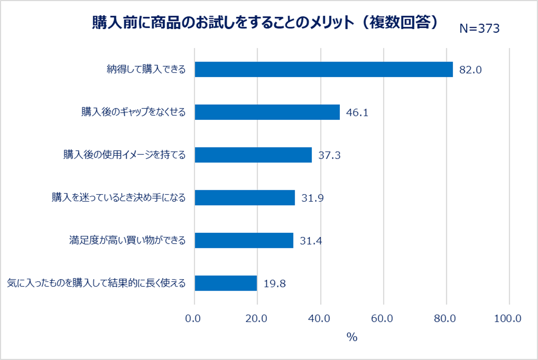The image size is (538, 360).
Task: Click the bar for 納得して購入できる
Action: pos(323,69)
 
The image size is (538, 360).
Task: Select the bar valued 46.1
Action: pos(267,112)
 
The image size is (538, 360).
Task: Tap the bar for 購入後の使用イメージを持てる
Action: pos(253,155)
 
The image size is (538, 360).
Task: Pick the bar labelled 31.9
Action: pos(244,197)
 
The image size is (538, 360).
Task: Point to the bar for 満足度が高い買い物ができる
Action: pos(243,240)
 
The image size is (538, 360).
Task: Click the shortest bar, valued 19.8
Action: pos(226,283)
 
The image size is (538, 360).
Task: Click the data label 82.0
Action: pos(471,70)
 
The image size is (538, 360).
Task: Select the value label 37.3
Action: pos(329,155)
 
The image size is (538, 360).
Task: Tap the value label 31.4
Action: pos(311,241)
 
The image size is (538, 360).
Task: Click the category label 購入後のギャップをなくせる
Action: pos(133,112)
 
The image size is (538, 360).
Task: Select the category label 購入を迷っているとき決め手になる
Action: pos(118,197)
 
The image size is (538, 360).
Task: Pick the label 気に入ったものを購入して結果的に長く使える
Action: pos(96,283)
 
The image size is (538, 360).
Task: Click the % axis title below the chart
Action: pos(352,337)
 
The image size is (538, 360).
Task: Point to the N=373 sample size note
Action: pos(479,29)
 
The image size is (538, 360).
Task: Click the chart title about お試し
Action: pos(265,23)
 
